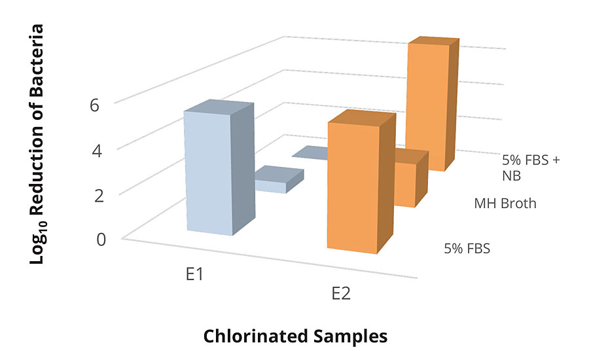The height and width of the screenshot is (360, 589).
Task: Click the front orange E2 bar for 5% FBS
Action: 353,190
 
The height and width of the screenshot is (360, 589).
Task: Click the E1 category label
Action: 192,274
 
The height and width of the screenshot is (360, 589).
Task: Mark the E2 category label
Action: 340,293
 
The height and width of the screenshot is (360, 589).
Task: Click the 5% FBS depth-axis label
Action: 467,249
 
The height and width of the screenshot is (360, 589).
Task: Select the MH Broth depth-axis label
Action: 505,204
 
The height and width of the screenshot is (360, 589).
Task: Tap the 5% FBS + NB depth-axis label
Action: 531,167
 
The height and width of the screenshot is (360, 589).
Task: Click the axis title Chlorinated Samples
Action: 295,336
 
